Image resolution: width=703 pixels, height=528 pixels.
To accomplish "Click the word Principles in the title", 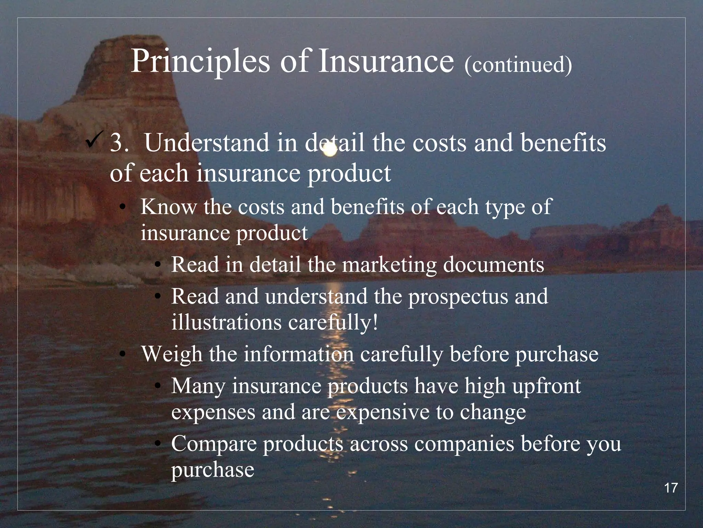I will tap(200, 62).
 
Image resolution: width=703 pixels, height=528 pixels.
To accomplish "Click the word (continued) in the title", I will tap(518, 64).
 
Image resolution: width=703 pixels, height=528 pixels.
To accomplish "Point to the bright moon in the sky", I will tap(330, 150).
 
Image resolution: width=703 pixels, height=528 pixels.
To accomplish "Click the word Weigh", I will tap(172, 354).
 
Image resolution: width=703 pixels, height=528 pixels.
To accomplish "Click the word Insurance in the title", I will tap(386, 62).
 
